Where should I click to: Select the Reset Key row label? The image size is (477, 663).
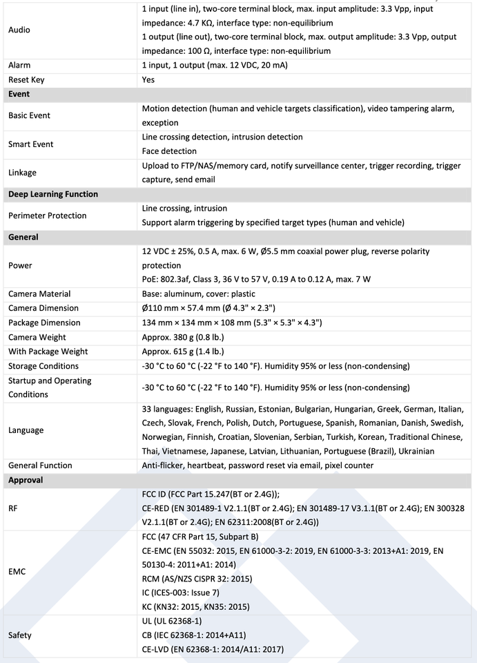tap(26, 79)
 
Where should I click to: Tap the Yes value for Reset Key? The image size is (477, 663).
tap(148, 79)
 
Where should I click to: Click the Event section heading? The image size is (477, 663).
tap(19, 94)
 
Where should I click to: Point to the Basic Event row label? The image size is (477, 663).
tap(29, 115)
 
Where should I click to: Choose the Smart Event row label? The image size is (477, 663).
tap(30, 144)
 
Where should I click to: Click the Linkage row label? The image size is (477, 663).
tap(23, 173)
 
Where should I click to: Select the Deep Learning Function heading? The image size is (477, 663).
tap(53, 194)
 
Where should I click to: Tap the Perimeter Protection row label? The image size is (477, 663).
tap(48, 215)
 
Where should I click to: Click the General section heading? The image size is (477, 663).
tap(24, 237)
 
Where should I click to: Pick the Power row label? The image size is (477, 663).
tap(20, 265)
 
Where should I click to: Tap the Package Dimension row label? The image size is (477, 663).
tap(44, 323)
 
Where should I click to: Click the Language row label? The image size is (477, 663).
tap(26, 430)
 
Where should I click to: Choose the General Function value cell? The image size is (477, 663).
tap(257, 465)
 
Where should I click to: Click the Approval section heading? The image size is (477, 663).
tap(26, 480)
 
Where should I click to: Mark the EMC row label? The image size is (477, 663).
tap(17, 572)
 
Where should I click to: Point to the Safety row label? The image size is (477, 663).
tap(21, 635)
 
